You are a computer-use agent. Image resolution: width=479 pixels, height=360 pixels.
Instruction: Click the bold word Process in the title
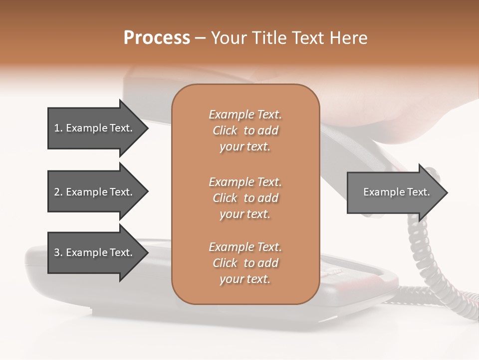click(157, 38)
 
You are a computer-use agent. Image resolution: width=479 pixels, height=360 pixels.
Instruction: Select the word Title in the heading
click(268, 38)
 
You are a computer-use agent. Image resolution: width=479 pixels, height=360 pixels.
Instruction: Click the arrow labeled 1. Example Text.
click(93, 128)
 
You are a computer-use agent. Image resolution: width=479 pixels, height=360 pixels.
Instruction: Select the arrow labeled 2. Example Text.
click(93, 192)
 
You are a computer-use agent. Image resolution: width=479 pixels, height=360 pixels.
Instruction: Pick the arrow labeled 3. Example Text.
click(93, 252)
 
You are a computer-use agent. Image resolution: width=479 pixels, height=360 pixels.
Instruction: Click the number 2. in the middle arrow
click(58, 192)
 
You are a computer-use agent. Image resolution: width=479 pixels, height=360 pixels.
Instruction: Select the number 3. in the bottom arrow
click(58, 252)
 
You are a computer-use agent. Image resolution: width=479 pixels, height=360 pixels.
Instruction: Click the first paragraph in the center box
click(245, 130)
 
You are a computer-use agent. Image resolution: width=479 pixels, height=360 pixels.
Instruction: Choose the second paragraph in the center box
click(245, 198)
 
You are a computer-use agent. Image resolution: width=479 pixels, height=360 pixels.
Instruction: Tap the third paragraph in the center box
click(245, 263)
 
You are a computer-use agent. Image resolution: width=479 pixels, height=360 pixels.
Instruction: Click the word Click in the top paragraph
click(225, 130)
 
